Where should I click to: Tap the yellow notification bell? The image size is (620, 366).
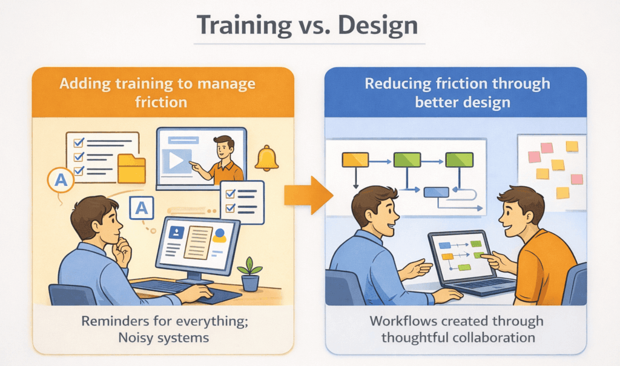pyautogui.click(x=266, y=159)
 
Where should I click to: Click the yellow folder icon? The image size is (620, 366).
pyautogui.click(x=131, y=169)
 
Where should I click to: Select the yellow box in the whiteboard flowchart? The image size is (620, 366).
pyautogui.click(x=355, y=160)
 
